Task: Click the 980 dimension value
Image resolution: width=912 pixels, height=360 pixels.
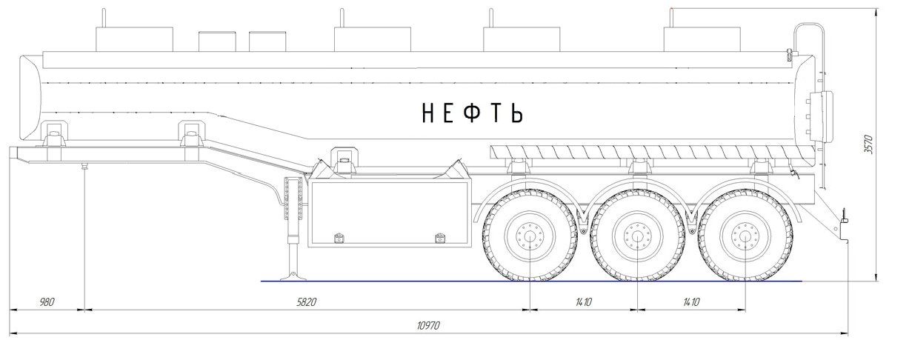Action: click(x=47, y=302)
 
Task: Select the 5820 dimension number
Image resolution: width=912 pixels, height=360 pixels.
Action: click(x=306, y=302)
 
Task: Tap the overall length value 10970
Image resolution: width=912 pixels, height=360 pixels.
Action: click(x=428, y=326)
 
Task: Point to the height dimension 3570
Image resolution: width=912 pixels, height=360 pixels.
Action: click(x=868, y=144)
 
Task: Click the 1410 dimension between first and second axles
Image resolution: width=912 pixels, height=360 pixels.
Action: click(x=584, y=302)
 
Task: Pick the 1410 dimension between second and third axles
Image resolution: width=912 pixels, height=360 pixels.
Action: click(x=691, y=302)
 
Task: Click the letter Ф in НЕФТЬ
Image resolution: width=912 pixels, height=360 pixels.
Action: click(x=472, y=113)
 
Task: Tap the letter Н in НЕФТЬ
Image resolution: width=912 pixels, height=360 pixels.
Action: click(x=428, y=113)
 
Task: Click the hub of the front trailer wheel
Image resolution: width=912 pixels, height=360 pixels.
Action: click(x=530, y=236)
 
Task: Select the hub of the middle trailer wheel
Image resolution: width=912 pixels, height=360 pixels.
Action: click(x=638, y=236)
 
